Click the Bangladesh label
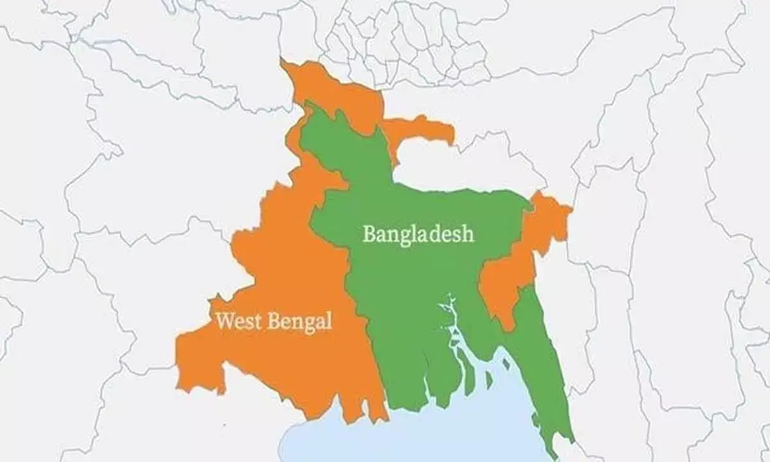418,234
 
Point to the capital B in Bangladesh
369,234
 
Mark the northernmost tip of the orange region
284,64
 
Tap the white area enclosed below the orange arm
462,167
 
